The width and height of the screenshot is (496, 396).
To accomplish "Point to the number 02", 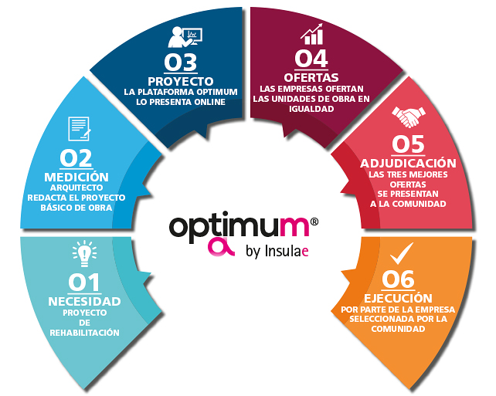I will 76,157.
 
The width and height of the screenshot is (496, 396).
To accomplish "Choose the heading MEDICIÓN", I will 76,176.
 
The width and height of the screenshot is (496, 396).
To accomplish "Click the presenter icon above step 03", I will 185,36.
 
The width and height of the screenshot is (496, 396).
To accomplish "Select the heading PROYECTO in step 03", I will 180,80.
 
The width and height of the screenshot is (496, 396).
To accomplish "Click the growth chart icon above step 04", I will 313,34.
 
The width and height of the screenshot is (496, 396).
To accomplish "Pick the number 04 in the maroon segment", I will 312,59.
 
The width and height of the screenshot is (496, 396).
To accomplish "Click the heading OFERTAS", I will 312,77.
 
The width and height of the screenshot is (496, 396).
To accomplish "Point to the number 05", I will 408,145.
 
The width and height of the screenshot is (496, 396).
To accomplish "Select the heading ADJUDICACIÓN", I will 408,164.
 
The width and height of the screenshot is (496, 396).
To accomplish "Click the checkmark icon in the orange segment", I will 402,252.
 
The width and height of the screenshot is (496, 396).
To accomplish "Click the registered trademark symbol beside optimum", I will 314,222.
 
